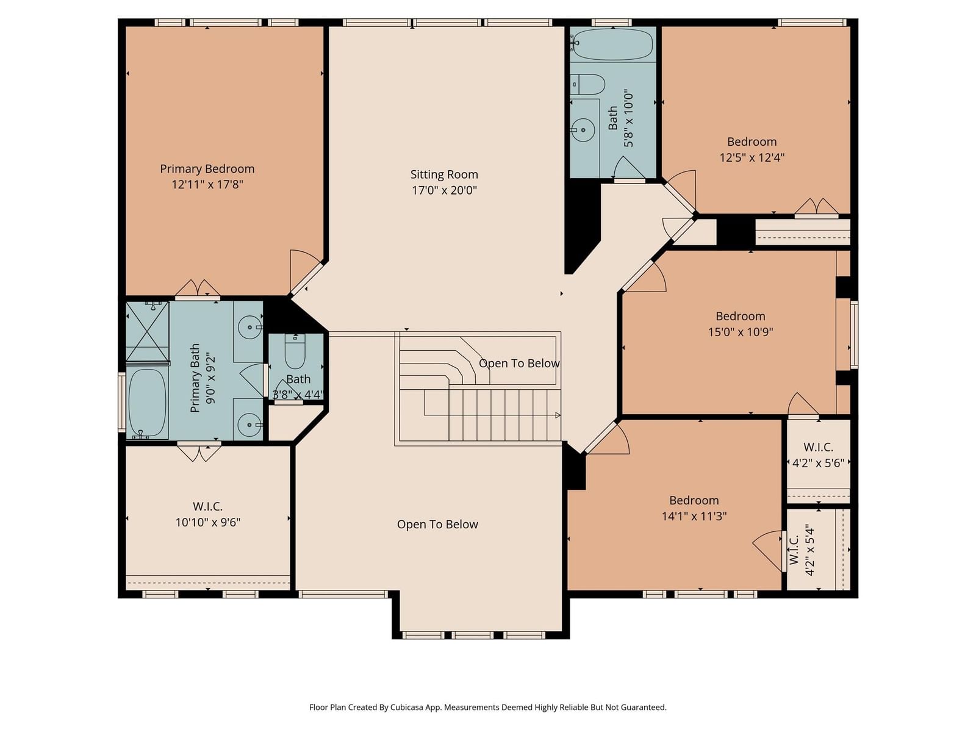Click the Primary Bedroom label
pos(207,169)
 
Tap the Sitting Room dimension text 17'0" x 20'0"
pos(444,190)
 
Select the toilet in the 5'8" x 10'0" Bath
pos(587,84)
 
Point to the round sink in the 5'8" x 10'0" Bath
pos(583,130)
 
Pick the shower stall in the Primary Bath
pos(148,331)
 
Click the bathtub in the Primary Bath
pos(147,403)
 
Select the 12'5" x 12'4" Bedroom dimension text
pos(752,157)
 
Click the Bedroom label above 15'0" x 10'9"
pos(741,316)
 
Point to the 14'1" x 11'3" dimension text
pos(694,516)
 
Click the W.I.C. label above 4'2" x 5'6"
pos(818,447)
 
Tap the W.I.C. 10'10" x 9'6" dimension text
pos(207,522)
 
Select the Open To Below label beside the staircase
pos(519,363)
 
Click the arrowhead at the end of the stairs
pos(558,415)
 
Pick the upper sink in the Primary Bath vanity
pos(249,328)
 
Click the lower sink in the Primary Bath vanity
pos(249,425)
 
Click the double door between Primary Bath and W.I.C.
pos(199,451)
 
